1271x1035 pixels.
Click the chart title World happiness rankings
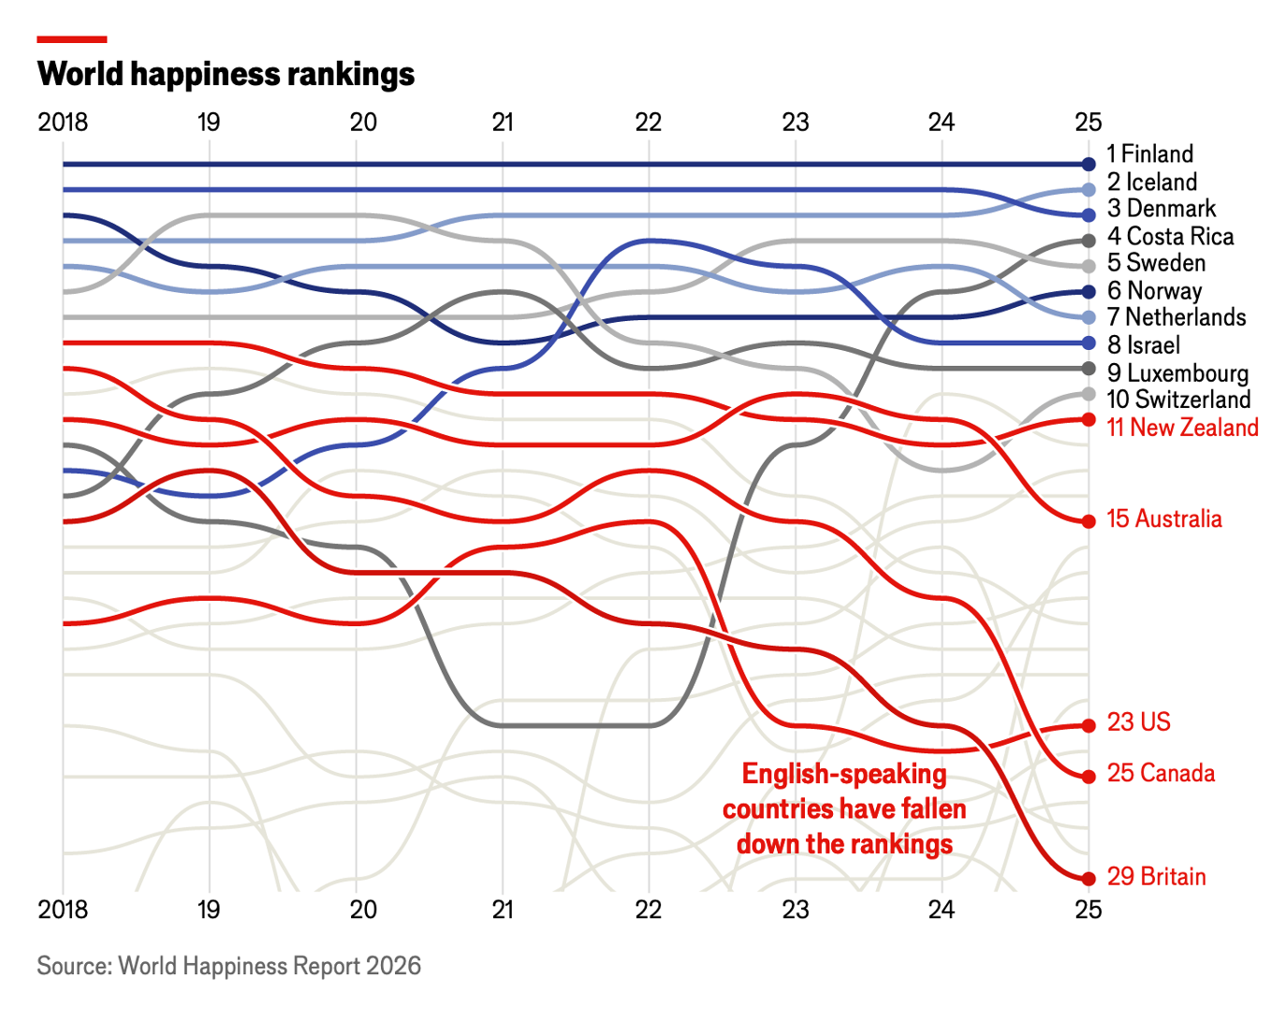(226, 74)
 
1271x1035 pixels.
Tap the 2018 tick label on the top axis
(63, 123)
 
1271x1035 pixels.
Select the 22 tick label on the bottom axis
(648, 910)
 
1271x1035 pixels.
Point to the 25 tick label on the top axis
(1088, 123)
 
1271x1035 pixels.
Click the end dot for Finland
(1088, 164)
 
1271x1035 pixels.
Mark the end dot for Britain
(1088, 879)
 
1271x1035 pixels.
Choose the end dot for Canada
(1088, 777)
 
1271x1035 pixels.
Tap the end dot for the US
(1088, 725)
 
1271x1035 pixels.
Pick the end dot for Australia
(1088, 521)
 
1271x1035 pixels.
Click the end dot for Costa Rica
(1088, 241)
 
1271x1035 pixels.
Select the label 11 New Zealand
(1183, 427)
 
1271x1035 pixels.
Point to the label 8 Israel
(1144, 344)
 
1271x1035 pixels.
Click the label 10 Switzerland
(1178, 399)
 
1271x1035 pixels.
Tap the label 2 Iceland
(1151, 182)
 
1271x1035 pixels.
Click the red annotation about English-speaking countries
(844, 809)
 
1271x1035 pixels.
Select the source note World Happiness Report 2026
(228, 966)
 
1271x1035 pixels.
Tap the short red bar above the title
(72, 39)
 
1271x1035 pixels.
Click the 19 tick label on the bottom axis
(209, 910)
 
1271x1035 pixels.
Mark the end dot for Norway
(1088, 292)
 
